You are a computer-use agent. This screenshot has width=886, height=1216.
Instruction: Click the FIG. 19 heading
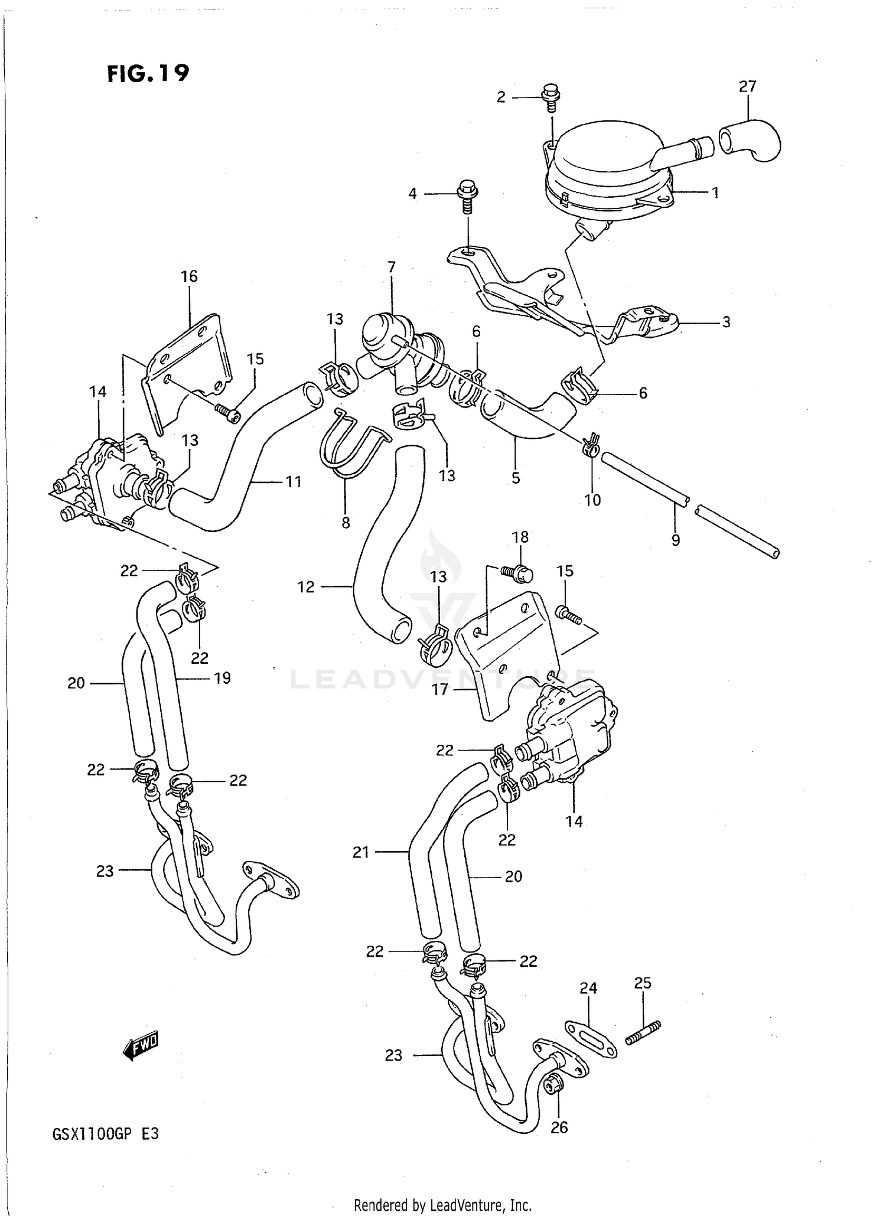148,73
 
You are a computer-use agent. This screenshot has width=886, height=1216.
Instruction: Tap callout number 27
747,87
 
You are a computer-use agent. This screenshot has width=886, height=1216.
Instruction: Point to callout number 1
715,193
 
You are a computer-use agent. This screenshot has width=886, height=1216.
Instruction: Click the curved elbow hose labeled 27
751,141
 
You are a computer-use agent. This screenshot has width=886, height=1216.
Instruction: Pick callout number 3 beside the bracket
726,322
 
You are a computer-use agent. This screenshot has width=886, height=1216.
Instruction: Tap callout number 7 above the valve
391,267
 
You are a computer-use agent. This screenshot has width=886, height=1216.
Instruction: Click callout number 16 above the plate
189,276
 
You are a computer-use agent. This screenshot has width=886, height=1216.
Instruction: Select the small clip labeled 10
591,446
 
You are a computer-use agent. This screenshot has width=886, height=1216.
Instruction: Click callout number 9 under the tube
676,539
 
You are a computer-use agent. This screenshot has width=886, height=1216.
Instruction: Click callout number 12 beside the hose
306,587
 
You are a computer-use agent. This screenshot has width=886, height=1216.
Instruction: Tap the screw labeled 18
517,572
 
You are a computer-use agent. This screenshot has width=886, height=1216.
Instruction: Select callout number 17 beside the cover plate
440,689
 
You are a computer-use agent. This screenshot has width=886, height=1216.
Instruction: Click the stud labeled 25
643,1037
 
